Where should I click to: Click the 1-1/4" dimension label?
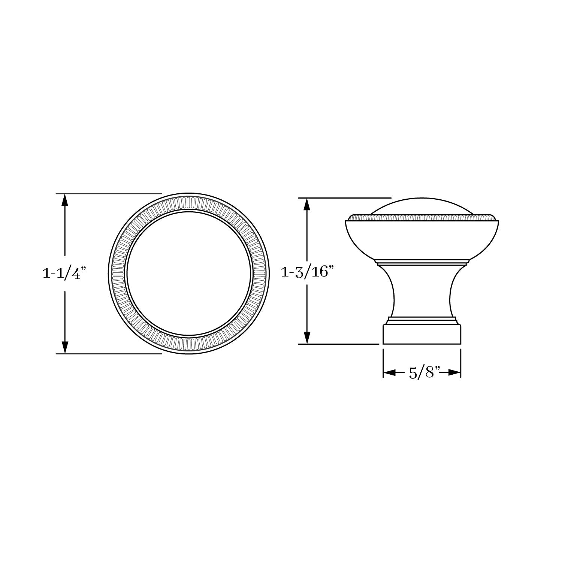pos(65,274)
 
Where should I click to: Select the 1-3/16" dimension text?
pos(307,272)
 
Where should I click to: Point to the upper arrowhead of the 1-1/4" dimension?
pos(65,200)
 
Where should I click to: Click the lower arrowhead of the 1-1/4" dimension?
pos(65,347)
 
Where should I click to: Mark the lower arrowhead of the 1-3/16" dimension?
pos(307,337)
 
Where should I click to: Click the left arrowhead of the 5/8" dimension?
pos(390,373)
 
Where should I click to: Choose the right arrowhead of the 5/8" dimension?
pos(454,373)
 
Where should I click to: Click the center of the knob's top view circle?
pos(189,274)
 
